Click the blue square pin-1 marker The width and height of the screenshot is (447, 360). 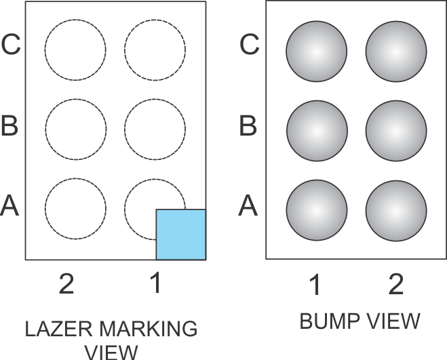click(181, 235)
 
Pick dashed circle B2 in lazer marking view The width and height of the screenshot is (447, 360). click(75, 129)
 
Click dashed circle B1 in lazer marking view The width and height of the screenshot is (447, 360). click(155, 129)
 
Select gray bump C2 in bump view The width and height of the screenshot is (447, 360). click(396, 52)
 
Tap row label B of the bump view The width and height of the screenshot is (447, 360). click(250, 125)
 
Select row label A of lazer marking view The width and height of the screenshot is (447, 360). click(9, 205)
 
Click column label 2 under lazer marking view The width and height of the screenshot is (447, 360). click(66, 285)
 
